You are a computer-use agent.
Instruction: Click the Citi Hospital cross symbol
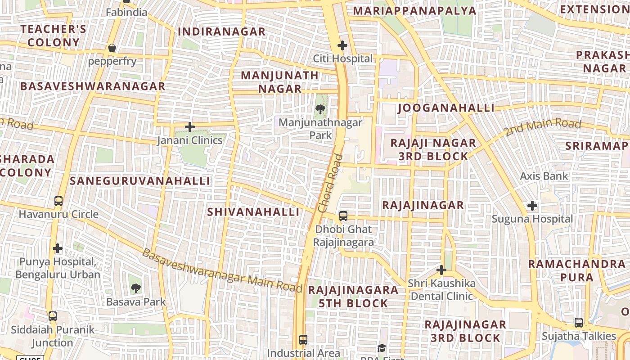tap(342, 45)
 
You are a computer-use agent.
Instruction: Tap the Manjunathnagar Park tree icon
tap(320, 109)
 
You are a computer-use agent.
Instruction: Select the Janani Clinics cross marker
tap(190, 127)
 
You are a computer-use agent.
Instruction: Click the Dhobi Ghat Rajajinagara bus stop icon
tap(343, 216)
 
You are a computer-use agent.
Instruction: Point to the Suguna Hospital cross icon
tap(532, 206)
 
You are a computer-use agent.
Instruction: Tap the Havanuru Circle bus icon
tap(58, 201)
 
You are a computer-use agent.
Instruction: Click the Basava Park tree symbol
tap(135, 288)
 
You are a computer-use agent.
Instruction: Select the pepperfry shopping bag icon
tap(112, 48)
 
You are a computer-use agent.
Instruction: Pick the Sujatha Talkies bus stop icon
tap(579, 323)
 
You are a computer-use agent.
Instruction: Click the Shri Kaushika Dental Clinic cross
tap(441, 270)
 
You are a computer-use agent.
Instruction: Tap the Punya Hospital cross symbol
tap(58, 248)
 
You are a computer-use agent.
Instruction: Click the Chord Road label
tap(330, 184)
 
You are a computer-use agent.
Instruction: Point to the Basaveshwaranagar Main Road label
tap(222, 270)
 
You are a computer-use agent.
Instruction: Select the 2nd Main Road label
tap(542, 127)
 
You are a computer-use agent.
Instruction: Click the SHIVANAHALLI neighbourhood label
tap(253, 212)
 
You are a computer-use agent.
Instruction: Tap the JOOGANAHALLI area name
tap(446, 108)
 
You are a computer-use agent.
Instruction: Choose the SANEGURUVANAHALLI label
tap(140, 181)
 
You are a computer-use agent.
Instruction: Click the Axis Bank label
tap(544, 176)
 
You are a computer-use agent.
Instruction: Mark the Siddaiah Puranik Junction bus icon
tap(53, 316)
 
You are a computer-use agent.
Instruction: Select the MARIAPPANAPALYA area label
tap(414, 11)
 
